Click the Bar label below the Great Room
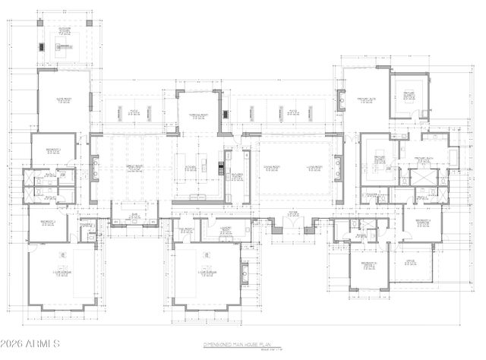(134, 215)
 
